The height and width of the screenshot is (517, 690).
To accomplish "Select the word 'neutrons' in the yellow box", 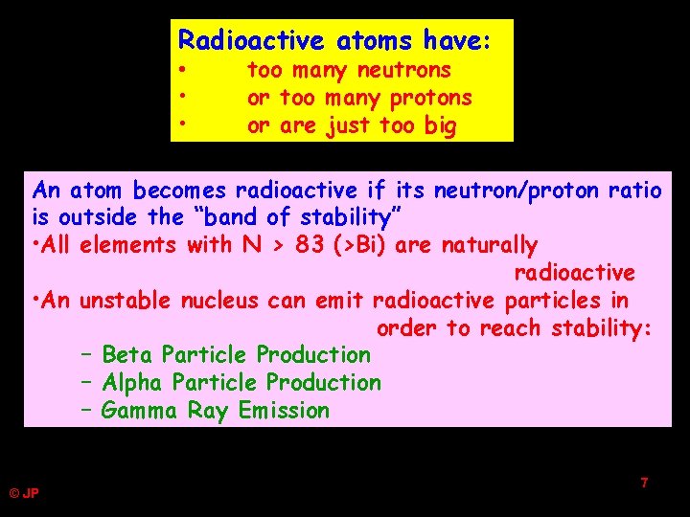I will click(403, 70).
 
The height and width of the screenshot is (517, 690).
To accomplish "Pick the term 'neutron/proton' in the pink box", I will click(513, 191).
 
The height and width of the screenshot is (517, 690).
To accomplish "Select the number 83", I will click(310, 245).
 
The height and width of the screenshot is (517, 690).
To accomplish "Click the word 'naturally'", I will click(489, 245).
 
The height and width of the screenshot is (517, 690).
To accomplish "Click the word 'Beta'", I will click(127, 355).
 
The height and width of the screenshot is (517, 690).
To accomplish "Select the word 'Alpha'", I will click(132, 383).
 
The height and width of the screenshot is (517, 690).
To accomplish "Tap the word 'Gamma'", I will click(139, 411).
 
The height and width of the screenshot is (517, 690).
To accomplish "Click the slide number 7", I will click(644, 483).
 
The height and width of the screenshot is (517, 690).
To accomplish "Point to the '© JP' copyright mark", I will click(24, 494).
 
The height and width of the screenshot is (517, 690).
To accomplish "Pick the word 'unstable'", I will click(123, 301).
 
